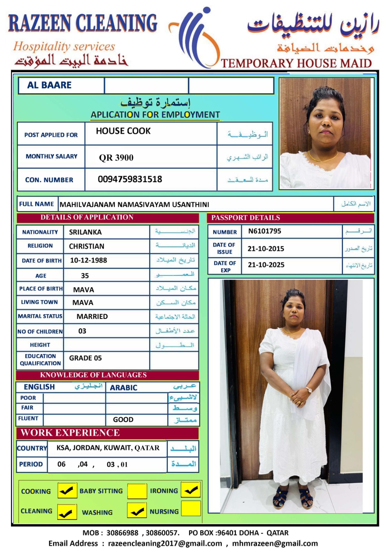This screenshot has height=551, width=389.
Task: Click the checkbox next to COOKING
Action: [x=67, y=490]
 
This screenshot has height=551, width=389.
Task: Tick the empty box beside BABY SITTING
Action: [x=137, y=491]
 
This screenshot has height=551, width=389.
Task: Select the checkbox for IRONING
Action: [x=191, y=490]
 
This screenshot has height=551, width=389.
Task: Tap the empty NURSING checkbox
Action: [x=191, y=509]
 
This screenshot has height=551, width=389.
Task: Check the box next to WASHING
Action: [x=137, y=510]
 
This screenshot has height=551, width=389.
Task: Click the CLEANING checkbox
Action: [x=67, y=512]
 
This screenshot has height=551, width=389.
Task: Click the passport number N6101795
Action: [x=264, y=231]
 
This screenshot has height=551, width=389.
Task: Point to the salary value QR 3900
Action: [x=116, y=158]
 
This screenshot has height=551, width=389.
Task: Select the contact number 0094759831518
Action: [x=130, y=179]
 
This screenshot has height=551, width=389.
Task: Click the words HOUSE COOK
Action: [x=123, y=131]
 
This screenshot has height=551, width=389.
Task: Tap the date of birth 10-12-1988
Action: [x=88, y=260]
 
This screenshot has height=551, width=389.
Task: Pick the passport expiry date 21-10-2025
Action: [x=266, y=265]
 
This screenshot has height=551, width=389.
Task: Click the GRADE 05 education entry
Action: [x=85, y=358]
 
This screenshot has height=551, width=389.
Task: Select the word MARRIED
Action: [x=92, y=316]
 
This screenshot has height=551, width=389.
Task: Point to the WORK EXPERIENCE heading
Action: [x=70, y=433]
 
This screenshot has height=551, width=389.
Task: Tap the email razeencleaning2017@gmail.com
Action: [x=165, y=543]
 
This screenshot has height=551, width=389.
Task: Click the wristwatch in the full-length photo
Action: [x=308, y=390]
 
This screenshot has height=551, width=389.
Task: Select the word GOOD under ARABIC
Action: [x=123, y=419]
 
